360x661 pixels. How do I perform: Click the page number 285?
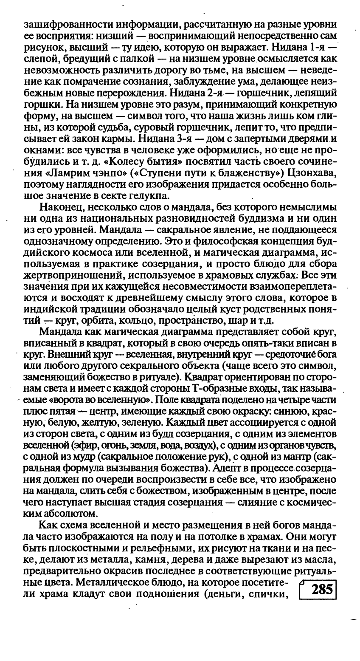(x=321, y=590)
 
